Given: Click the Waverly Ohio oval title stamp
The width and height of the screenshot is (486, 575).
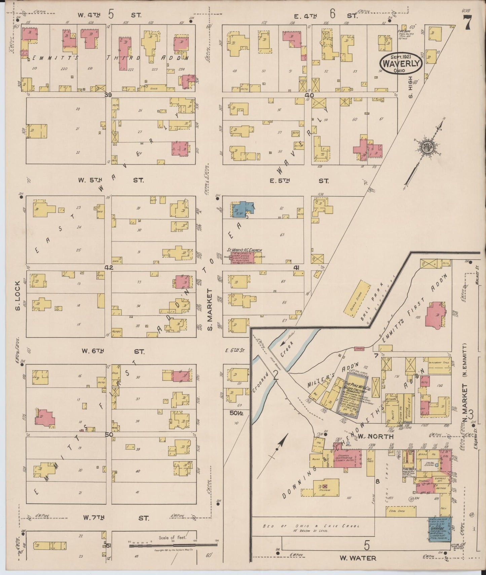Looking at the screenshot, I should (401, 63).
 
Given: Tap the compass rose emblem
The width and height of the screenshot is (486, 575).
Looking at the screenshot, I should (427, 147).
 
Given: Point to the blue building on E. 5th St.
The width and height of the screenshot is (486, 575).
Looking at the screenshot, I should (241, 209).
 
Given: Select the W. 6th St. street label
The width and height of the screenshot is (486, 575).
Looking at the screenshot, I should (113, 351).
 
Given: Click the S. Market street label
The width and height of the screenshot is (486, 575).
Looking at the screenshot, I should (210, 309).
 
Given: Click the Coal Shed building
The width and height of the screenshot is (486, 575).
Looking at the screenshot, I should (401, 511).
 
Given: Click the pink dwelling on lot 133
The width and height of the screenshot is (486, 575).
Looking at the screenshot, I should (435, 315).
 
